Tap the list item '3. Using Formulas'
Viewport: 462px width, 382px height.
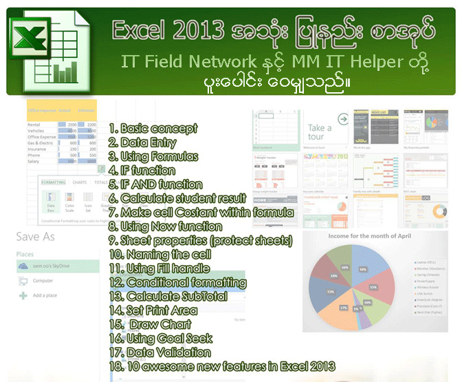[153, 156]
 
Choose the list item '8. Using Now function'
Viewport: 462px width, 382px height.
[166, 226]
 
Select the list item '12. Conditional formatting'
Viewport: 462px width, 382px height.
[177, 282]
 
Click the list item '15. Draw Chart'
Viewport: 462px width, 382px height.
[151, 324]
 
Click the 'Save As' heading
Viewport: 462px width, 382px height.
[36, 236]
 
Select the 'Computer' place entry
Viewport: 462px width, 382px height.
[43, 280]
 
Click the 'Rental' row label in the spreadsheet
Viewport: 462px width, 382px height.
[34, 125]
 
